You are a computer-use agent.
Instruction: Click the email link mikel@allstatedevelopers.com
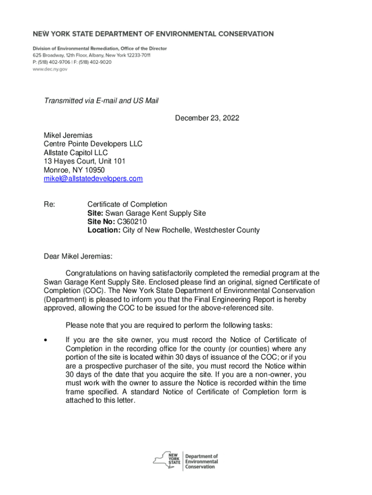pyautogui.click(x=93, y=179)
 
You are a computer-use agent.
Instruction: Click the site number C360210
pyautogui.click(x=132, y=222)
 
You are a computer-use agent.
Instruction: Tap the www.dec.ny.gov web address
pyautogui.click(x=50, y=69)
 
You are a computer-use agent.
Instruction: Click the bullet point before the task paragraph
pyautogui.click(x=45, y=340)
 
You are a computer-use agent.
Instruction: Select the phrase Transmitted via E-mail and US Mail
pyautogui.click(x=101, y=101)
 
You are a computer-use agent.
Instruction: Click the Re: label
pyautogui.click(x=49, y=205)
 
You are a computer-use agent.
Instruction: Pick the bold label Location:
pyautogui.click(x=104, y=231)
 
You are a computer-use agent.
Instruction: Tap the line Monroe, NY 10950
pyautogui.click(x=74, y=170)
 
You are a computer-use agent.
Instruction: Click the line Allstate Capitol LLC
pyautogui.click(x=76, y=153)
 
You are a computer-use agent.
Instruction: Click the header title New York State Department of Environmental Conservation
pyautogui.click(x=153, y=34)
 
